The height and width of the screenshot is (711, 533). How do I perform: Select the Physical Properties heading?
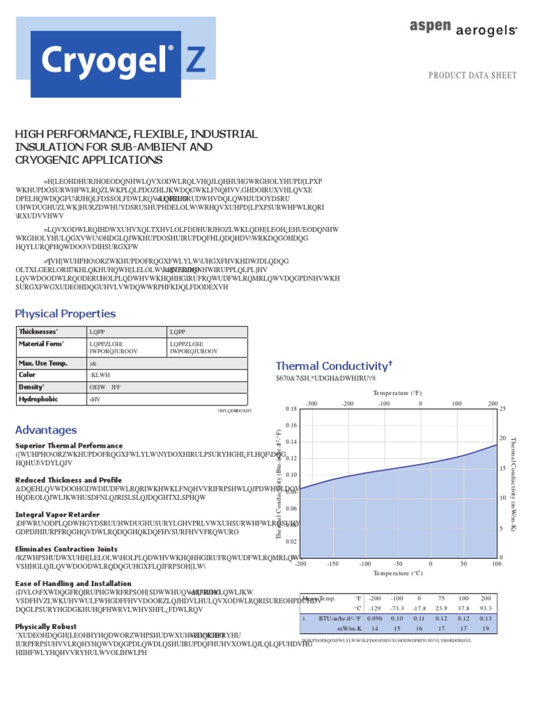coord(65,314)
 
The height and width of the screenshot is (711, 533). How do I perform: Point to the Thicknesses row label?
coord(39,333)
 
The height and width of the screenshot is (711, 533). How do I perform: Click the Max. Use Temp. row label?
coord(42,363)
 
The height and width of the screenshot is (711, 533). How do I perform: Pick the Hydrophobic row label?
coord(39,399)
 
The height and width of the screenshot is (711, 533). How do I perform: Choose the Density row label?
coord(32,387)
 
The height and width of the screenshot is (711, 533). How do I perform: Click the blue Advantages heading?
coord(46,430)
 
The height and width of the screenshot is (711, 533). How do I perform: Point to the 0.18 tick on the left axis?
coord(291,409)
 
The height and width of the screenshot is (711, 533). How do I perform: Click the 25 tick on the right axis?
coord(503,409)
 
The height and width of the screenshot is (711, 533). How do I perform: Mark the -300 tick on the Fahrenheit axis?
coord(311,403)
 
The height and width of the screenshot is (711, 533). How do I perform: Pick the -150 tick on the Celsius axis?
coord(332,564)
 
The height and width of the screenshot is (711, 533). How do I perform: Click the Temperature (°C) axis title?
coord(398,574)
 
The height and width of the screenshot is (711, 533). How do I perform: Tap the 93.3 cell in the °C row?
coord(486,608)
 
